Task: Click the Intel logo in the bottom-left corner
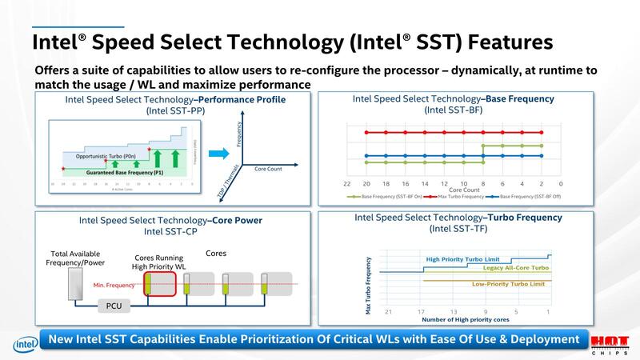tap(21, 344)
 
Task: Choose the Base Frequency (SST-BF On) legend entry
tap(382, 196)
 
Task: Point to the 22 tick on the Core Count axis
tap(347, 184)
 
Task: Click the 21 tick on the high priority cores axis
tap(389, 311)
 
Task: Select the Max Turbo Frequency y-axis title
tap(368, 285)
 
